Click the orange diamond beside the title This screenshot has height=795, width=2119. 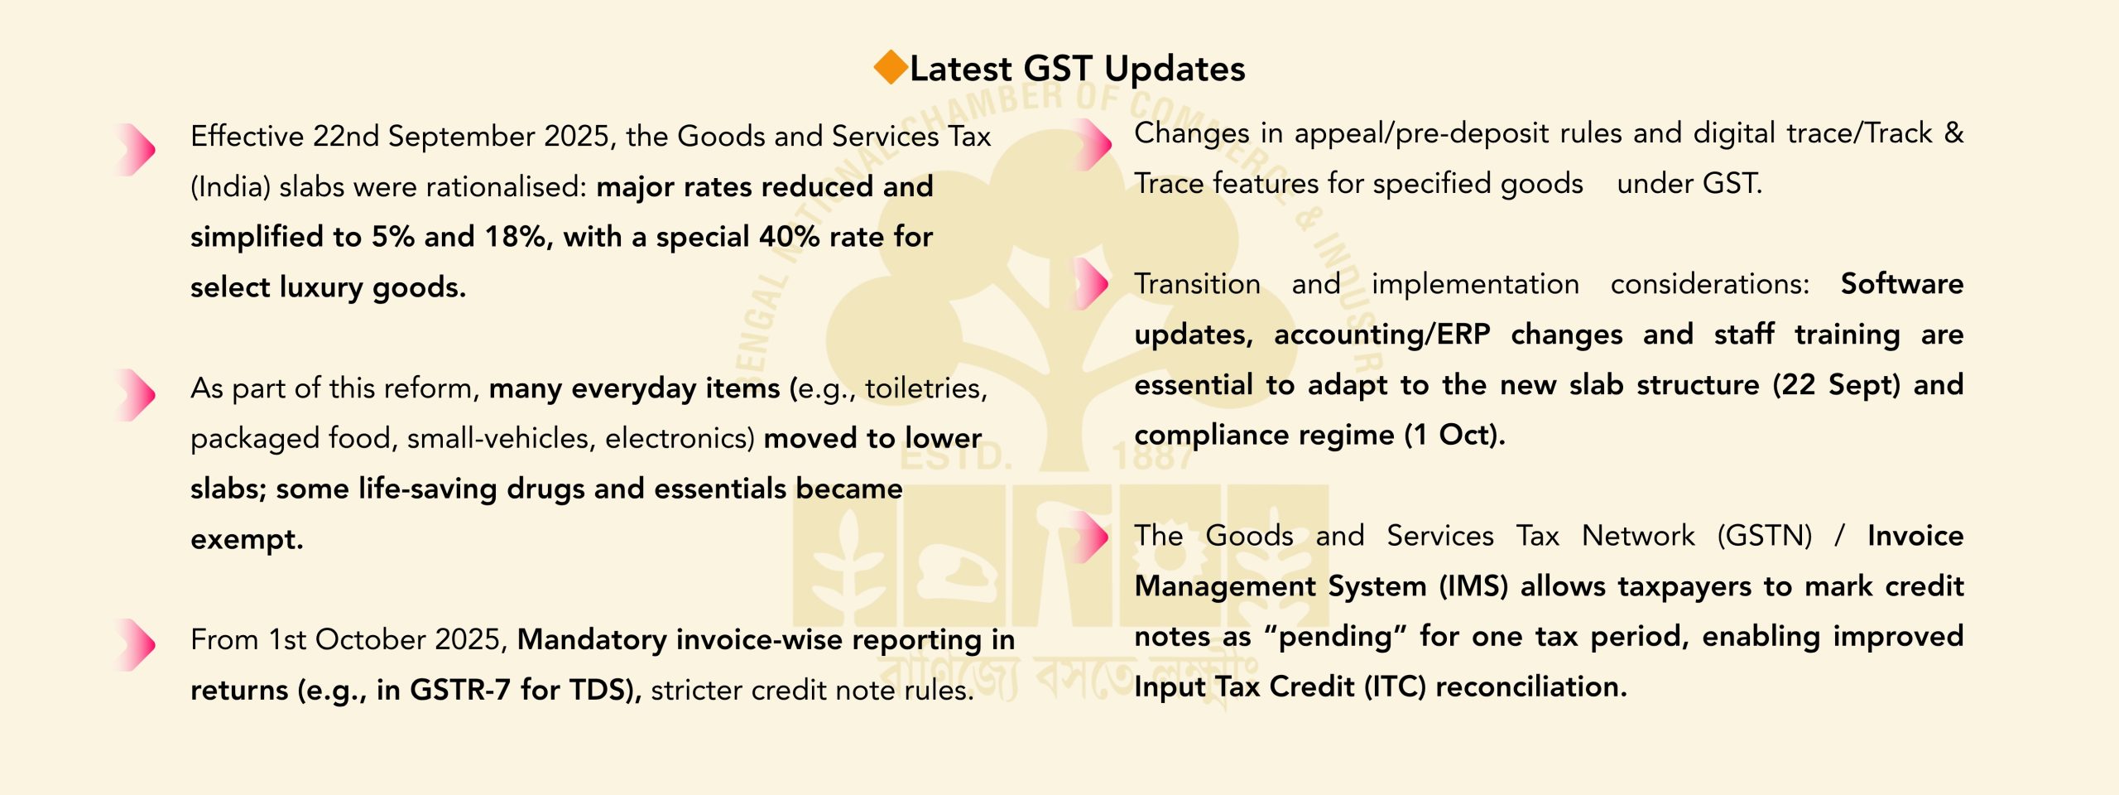pyautogui.click(x=891, y=67)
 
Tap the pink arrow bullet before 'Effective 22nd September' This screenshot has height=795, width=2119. pyautogui.click(x=135, y=150)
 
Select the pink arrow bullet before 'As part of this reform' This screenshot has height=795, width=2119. pyautogui.click(x=135, y=395)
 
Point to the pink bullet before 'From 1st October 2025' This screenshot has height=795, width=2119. pyautogui.click(x=135, y=644)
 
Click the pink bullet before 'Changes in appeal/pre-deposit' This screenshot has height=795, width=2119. pyautogui.click(x=1091, y=144)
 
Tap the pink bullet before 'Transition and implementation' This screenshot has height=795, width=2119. pyautogui.click(x=1091, y=283)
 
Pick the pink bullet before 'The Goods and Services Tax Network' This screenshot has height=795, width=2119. pyautogui.click(x=1091, y=537)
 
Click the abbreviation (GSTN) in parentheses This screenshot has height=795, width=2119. pyautogui.click(x=1765, y=537)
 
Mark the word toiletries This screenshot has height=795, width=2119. pyautogui.click(x=926, y=388)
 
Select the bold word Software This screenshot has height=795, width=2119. pyautogui.click(x=1902, y=285)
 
